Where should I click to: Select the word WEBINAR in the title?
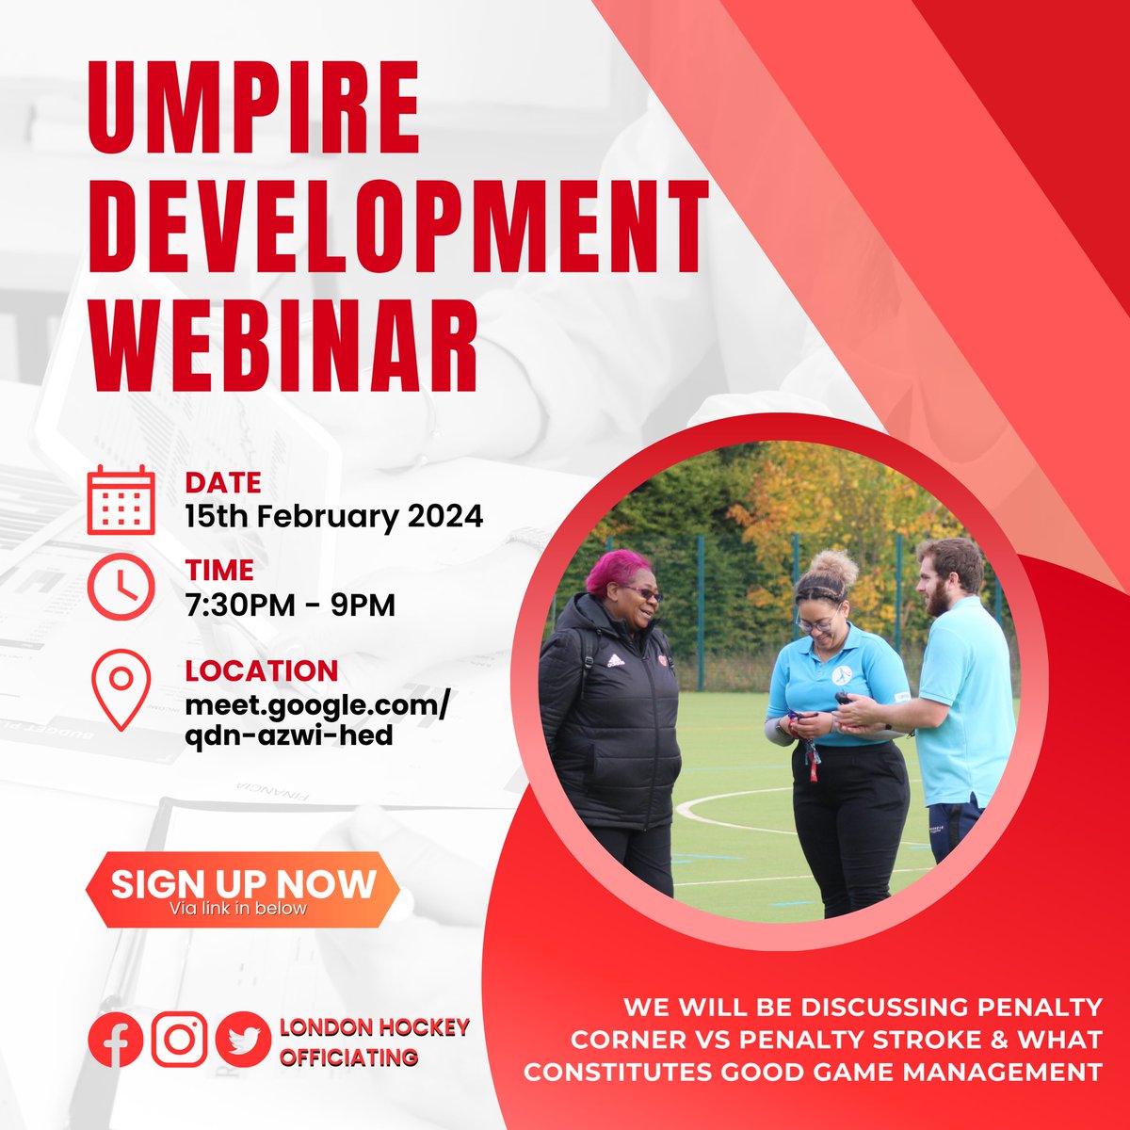coord(283,336)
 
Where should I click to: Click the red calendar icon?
coord(121,500)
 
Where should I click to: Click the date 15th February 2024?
coord(334,516)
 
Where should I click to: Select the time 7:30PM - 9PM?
coord(290,605)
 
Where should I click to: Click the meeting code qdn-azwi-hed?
coord(289,734)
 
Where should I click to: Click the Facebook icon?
coord(115,1040)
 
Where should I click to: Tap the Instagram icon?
coord(179,1040)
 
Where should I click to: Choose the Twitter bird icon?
coord(242,1040)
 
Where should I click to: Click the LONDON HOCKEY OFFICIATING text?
coord(374,1041)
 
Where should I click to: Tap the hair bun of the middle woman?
coord(834,566)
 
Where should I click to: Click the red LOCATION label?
coord(261,671)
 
